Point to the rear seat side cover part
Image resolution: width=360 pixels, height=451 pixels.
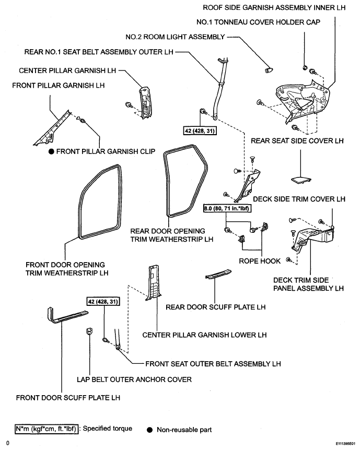tap(301, 180)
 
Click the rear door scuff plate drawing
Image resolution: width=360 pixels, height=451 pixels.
tap(218, 274)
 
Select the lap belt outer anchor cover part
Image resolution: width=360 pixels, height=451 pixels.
tap(89, 331)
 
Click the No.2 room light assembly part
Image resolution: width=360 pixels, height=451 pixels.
tap(269, 69)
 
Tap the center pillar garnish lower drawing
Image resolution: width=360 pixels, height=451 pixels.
tap(154, 283)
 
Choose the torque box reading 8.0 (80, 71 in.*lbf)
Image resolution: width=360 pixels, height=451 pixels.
tap(227, 208)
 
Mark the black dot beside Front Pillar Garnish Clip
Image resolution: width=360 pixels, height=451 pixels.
tap(51, 151)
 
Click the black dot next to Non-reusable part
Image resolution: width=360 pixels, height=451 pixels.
tap(149, 430)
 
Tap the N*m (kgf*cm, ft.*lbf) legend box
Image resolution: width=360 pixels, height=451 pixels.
tap(47, 429)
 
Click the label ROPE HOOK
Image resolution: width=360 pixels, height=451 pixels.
tap(260, 261)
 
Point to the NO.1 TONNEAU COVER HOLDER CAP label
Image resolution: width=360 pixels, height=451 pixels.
tap(258, 22)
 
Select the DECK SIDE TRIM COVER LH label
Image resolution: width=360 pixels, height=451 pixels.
tap(299, 199)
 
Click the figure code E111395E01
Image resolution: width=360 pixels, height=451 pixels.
tap(345, 444)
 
